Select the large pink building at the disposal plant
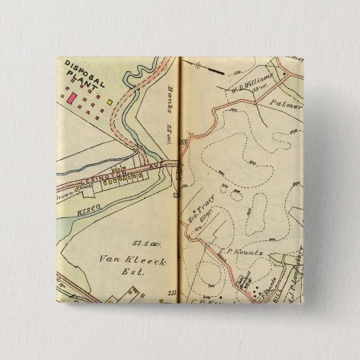71,98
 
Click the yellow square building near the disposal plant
109,101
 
